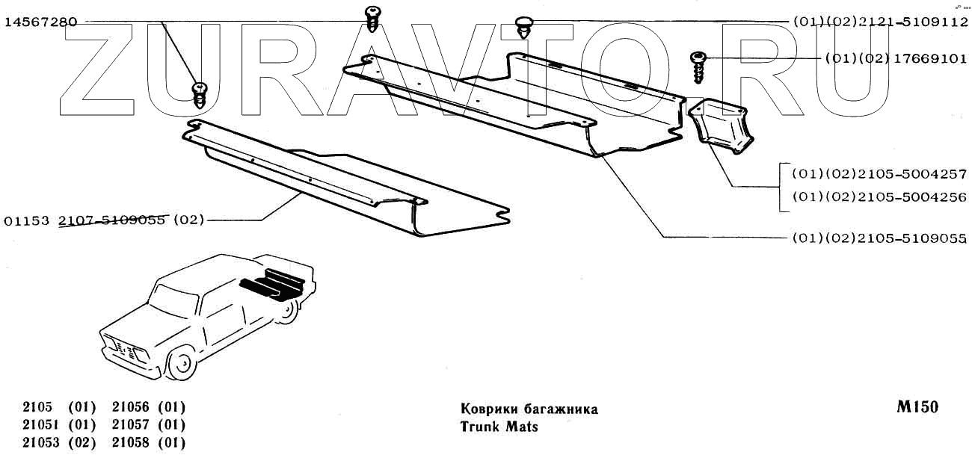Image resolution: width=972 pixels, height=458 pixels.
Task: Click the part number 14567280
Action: tap(40, 22)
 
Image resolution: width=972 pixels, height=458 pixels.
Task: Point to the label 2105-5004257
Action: tap(879, 174)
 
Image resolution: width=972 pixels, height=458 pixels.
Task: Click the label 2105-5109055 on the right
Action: tap(879, 238)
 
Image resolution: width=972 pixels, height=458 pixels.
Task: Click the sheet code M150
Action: tap(917, 407)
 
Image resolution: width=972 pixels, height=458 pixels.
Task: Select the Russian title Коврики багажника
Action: tap(529, 409)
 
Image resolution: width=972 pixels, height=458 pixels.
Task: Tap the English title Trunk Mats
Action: tap(499, 427)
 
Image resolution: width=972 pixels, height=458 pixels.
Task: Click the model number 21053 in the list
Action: tap(38, 443)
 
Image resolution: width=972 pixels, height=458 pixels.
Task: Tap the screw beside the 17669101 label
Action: tap(700, 67)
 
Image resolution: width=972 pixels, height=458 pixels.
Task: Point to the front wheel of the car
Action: tap(180, 365)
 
